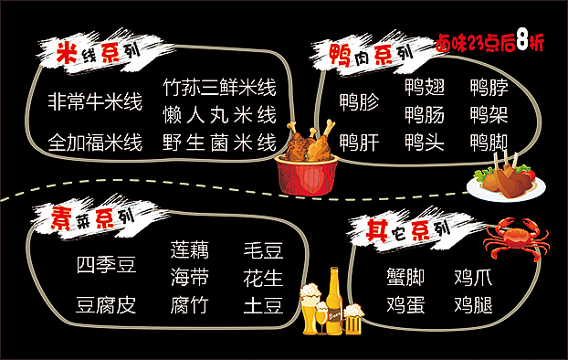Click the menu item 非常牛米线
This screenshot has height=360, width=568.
click(95, 101)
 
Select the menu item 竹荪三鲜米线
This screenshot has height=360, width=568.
click(219, 88)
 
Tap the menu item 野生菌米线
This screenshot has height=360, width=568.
click(219, 143)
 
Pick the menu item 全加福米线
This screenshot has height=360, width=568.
click(95, 143)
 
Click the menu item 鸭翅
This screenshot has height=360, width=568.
click(425, 88)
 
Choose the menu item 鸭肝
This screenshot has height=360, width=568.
click(359, 143)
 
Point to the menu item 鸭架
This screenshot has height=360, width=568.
click(489, 115)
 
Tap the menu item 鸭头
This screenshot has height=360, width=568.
click(425, 143)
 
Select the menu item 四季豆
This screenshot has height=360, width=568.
click(106, 265)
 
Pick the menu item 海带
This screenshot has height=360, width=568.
click(189, 277)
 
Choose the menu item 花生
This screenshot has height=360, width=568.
click(263, 277)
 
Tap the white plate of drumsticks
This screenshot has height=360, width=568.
click(505, 179)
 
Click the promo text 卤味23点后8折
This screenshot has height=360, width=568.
click(489, 43)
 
